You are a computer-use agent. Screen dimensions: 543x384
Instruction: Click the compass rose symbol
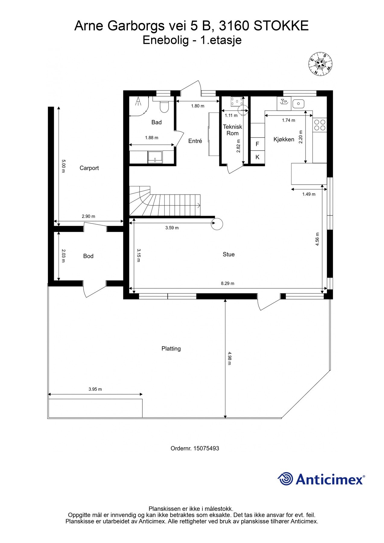[x=320, y=64]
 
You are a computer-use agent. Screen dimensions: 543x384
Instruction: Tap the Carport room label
[x=89, y=168]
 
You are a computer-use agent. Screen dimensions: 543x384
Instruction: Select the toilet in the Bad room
[x=164, y=107]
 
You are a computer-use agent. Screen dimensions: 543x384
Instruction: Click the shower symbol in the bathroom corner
[x=138, y=102]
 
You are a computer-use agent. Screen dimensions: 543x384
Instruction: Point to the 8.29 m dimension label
[x=227, y=283]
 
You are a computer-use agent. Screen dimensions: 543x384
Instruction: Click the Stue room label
[x=229, y=254]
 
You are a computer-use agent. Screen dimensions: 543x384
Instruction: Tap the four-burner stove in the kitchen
[x=320, y=125]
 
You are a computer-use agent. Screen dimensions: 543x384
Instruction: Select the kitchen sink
[x=298, y=104]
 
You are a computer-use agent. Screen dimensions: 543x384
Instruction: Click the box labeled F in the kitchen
[x=257, y=144]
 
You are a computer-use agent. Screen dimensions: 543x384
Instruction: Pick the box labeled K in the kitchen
[x=257, y=157]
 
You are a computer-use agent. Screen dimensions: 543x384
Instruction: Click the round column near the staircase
[x=217, y=224]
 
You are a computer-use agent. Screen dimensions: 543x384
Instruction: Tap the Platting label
[x=171, y=348]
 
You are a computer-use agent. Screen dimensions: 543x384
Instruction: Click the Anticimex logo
[x=321, y=479]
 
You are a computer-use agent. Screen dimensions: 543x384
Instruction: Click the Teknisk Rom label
[x=232, y=130]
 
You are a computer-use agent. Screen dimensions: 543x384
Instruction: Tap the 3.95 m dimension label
[x=95, y=389]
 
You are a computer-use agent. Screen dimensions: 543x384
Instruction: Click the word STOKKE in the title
[x=281, y=26]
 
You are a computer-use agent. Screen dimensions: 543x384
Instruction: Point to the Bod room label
[x=88, y=256]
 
